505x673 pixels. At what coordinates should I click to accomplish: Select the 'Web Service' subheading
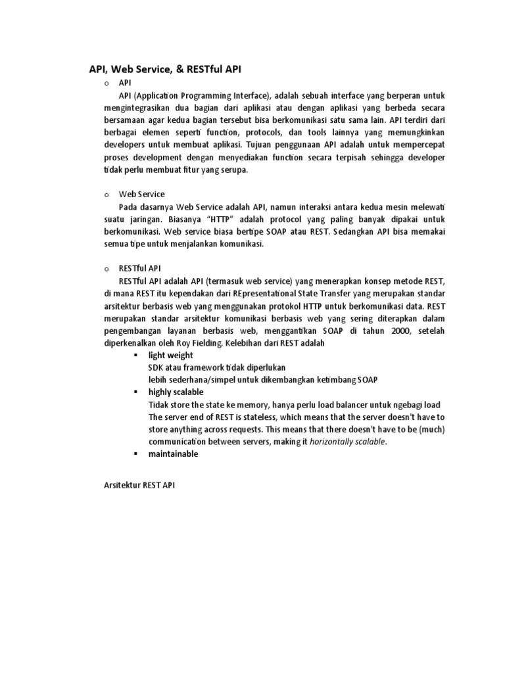click(141, 194)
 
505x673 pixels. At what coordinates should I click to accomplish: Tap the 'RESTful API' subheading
click(139, 268)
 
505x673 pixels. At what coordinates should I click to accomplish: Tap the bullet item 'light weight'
click(170, 355)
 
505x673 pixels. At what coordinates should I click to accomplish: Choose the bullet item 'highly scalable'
click(176, 392)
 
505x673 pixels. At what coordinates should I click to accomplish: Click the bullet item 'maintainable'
click(173, 454)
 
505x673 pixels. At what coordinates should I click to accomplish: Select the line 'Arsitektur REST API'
click(139, 486)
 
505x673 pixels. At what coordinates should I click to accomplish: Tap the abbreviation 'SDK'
click(156, 367)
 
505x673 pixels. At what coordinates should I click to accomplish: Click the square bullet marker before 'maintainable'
click(134, 454)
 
